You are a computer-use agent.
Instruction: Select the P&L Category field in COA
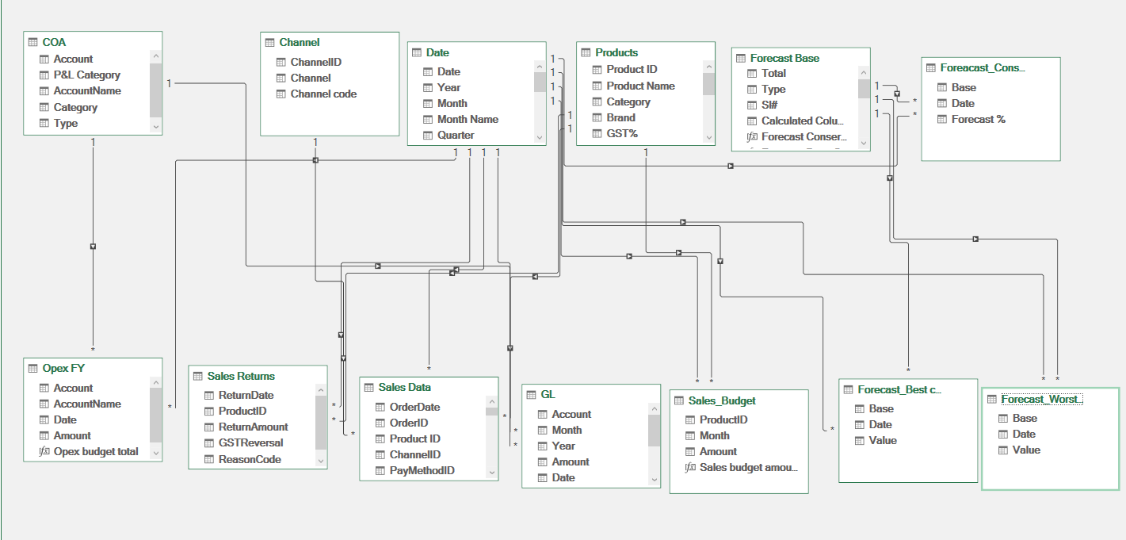pos(86,75)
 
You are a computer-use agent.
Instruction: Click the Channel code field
pos(323,94)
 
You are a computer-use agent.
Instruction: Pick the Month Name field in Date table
pos(468,119)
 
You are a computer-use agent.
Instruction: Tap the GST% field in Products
pos(622,133)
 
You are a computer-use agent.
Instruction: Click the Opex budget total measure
pos(95,451)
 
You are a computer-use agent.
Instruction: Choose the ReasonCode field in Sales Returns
pos(250,459)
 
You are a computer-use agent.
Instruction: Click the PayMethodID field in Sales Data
pos(422,470)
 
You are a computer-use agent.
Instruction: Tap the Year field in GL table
pos(563,446)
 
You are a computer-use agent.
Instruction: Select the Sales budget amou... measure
pos(748,467)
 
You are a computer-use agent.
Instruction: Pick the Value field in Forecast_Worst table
pos(1026,450)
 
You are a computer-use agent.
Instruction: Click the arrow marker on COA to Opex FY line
pos(94,247)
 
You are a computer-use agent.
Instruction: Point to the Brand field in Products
pos(621,117)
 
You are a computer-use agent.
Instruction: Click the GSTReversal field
pos(250,442)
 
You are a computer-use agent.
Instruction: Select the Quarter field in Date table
pos(456,135)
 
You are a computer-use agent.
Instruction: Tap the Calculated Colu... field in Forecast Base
pos(802,121)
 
